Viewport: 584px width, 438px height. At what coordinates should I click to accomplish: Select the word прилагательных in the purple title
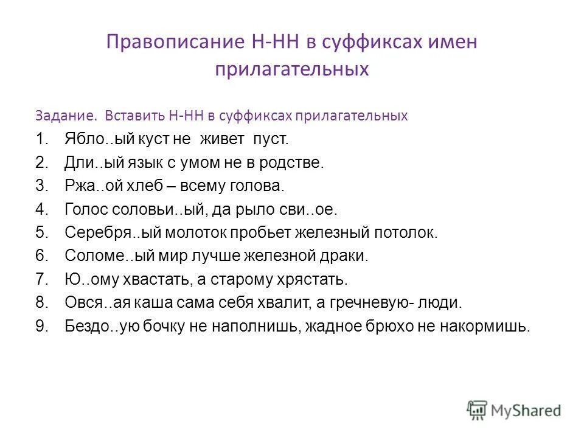point(292,69)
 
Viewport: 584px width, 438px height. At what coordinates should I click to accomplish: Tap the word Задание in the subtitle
point(67,115)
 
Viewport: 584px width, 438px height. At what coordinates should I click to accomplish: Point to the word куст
point(144,139)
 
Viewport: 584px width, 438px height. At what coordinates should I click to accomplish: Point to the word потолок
point(406,233)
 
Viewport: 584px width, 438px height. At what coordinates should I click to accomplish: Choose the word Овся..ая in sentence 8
point(94,303)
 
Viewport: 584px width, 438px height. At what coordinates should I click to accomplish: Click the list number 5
point(41,233)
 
